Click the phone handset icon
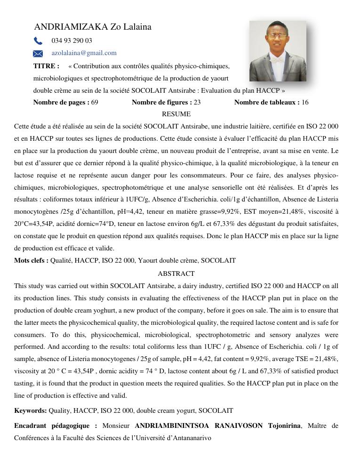point(38,41)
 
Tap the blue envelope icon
point(38,54)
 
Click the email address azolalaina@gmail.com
point(84,53)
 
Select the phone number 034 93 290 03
point(72,41)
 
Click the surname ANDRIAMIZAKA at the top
point(71,27)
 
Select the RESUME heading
point(176,114)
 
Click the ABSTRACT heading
point(176,273)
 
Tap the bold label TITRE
point(46,66)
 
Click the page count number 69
point(95,102)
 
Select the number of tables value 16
point(305,102)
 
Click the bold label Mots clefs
point(31,260)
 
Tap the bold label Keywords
point(30,410)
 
